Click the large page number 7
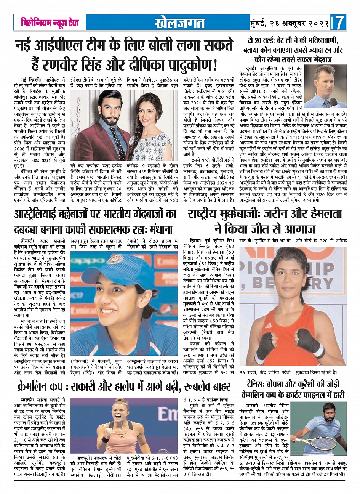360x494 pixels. [340, 23]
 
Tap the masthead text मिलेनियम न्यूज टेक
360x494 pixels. [50, 22]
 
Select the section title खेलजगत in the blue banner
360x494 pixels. [180, 23]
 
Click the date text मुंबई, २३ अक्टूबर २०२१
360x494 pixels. [290, 23]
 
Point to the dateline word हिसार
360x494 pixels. [196, 241]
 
